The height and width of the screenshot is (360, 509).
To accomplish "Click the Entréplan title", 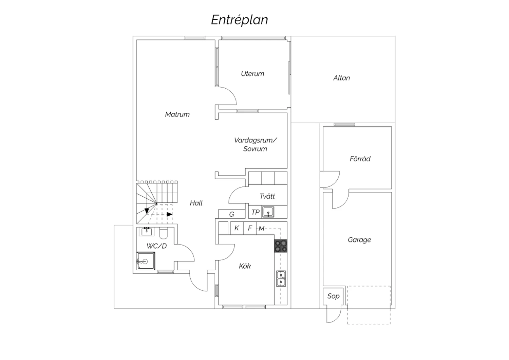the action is coord(240,20).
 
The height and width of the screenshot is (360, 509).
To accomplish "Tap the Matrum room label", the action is coord(177,114).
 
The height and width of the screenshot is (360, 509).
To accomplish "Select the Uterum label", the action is coord(252,74).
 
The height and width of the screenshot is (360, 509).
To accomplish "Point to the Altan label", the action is coord(341,78).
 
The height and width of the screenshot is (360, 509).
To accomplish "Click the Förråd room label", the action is coord(360,159).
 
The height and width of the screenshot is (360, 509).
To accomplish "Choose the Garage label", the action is coord(359,240).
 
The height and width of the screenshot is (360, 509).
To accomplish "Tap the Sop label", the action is coord(333,296).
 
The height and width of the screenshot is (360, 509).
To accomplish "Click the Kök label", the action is coord(245,266).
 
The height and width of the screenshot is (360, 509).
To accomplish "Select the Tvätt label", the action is coord(267,196).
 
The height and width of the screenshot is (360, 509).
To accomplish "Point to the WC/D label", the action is coord(156,246).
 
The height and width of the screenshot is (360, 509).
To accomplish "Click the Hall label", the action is coord(196,203).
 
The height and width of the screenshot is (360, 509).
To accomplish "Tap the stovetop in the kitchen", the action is coord(281,246).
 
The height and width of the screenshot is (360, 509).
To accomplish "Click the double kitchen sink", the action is coord(281,278).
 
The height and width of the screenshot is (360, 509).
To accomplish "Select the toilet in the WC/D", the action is coord(163,233).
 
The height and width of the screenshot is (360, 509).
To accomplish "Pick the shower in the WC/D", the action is coord(146,261).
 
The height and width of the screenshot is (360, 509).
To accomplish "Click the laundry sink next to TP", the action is coord(268,212).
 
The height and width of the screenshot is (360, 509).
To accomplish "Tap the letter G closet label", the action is coord(231,214).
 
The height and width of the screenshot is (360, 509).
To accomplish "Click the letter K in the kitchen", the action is coord(237,228).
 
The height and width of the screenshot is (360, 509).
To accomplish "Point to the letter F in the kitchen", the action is coord(250,228).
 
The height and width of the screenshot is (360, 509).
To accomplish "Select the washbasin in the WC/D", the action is coord(147,232).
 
